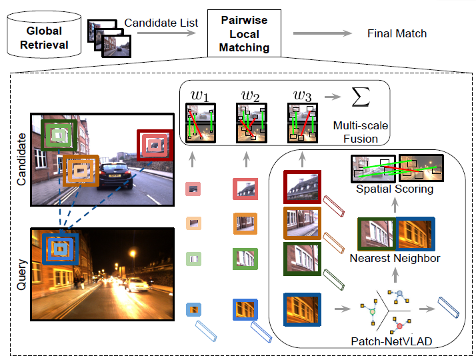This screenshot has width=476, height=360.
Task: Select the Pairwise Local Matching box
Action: (245, 34)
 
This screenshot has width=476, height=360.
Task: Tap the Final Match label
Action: (397, 33)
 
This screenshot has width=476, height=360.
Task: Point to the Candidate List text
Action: (161, 23)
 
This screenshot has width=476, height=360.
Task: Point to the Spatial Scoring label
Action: (395, 189)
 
